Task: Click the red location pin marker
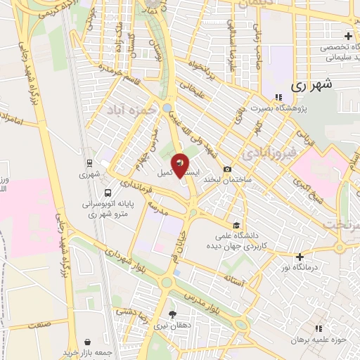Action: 180,165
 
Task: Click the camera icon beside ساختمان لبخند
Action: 227,169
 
